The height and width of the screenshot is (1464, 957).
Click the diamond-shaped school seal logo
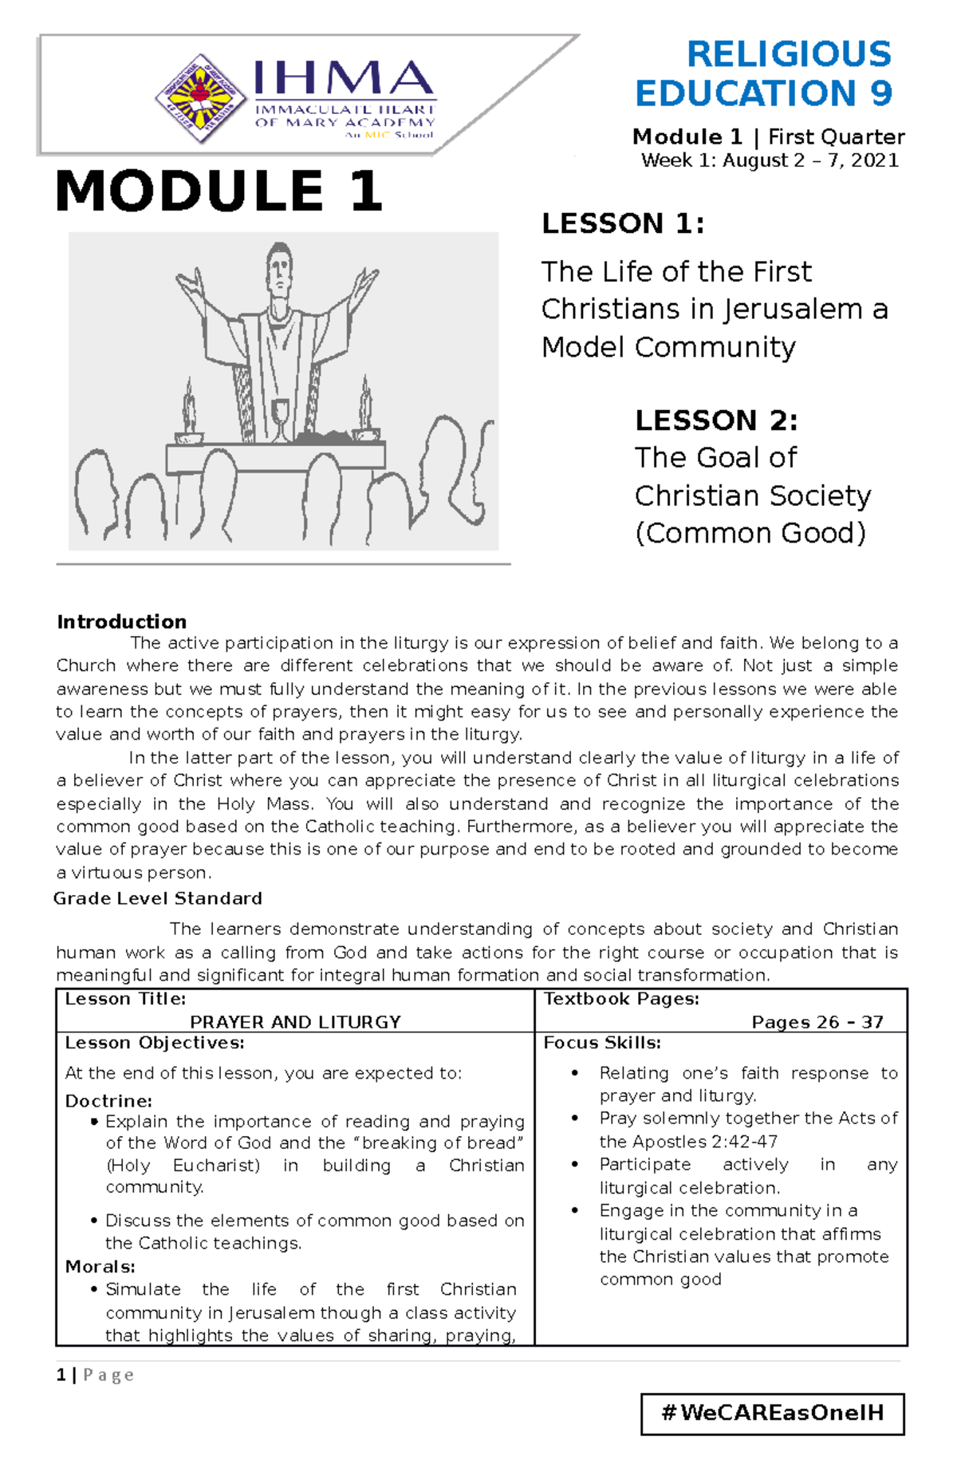[x=200, y=99]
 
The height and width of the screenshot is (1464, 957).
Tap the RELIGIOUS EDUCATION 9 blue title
[x=764, y=74]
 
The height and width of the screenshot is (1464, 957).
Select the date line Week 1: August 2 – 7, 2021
[x=770, y=160]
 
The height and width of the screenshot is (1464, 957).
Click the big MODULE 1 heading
[x=219, y=191]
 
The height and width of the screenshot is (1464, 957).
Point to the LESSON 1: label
[x=623, y=223]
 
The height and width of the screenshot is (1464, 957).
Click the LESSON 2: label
[x=715, y=420]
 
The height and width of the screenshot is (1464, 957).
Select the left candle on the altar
[x=189, y=412]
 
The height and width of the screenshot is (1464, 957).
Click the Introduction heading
[x=121, y=622]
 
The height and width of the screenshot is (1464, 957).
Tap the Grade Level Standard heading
[x=158, y=898]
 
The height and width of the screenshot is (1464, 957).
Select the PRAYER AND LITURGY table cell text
[x=295, y=1022]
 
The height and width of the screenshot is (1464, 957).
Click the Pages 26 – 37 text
[x=817, y=1022]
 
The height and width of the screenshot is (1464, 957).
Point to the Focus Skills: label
[x=602, y=1043]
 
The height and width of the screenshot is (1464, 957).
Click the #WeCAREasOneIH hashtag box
[x=772, y=1413]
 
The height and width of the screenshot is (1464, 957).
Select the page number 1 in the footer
[x=61, y=1375]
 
